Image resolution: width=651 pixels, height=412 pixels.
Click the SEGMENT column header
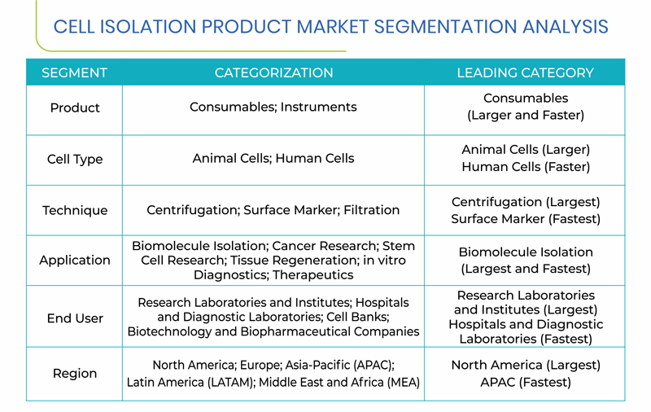74,72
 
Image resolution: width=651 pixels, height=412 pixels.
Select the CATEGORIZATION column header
273,72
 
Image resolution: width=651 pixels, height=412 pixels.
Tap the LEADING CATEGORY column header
525,72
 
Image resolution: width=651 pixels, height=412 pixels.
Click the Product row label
75,107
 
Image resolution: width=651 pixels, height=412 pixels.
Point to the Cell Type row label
75,159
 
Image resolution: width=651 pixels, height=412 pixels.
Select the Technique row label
75,210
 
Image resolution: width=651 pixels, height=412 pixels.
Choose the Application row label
75,260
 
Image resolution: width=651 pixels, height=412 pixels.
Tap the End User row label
75,318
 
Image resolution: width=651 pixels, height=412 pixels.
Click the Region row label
75,374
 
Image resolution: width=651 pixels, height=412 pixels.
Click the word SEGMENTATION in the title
445,27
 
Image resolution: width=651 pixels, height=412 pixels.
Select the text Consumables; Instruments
273,107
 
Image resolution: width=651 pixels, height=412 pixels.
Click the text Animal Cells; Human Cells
273,158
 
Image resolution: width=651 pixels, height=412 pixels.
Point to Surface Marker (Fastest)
526,219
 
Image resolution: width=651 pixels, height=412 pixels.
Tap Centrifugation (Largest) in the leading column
526,202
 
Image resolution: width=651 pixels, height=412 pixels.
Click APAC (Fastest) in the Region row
526,382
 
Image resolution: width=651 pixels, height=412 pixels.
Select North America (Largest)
526,365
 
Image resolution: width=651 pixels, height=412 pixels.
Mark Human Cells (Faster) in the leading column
526,167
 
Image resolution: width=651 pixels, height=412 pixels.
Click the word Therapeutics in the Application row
313,275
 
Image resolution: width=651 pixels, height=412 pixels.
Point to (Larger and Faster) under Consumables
526,115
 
